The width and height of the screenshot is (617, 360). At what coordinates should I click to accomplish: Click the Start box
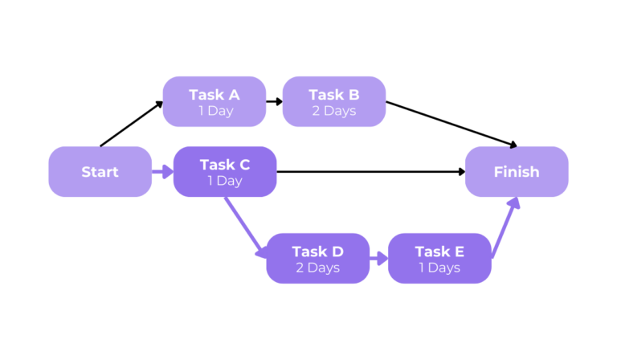coord(100,172)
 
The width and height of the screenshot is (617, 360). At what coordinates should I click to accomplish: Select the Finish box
coord(517,172)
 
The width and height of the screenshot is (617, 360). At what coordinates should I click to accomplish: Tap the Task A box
coord(215,101)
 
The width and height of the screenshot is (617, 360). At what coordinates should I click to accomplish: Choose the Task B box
coord(334,101)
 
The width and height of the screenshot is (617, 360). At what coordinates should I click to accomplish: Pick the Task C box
coord(225,172)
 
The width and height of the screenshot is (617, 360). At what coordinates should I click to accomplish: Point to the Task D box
coord(317,259)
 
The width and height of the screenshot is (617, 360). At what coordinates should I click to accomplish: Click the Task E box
coord(439,259)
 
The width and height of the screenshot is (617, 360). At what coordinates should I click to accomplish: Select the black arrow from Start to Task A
coord(132,124)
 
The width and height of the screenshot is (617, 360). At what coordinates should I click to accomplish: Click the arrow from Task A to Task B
coord(274,102)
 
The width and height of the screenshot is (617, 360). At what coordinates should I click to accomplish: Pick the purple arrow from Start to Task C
coord(162,171)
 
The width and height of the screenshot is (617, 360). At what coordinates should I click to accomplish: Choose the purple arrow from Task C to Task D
coord(244,227)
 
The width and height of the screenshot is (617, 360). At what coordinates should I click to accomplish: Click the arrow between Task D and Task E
coord(378,259)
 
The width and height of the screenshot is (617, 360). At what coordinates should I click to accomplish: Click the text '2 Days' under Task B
coord(334,111)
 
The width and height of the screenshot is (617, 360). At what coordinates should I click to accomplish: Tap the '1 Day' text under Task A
coord(215,111)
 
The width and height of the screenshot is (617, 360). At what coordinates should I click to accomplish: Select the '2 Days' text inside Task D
coord(317,268)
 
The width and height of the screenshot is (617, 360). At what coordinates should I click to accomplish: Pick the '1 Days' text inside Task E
coord(439,268)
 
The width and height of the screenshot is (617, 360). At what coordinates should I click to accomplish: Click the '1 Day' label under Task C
coord(225,182)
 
